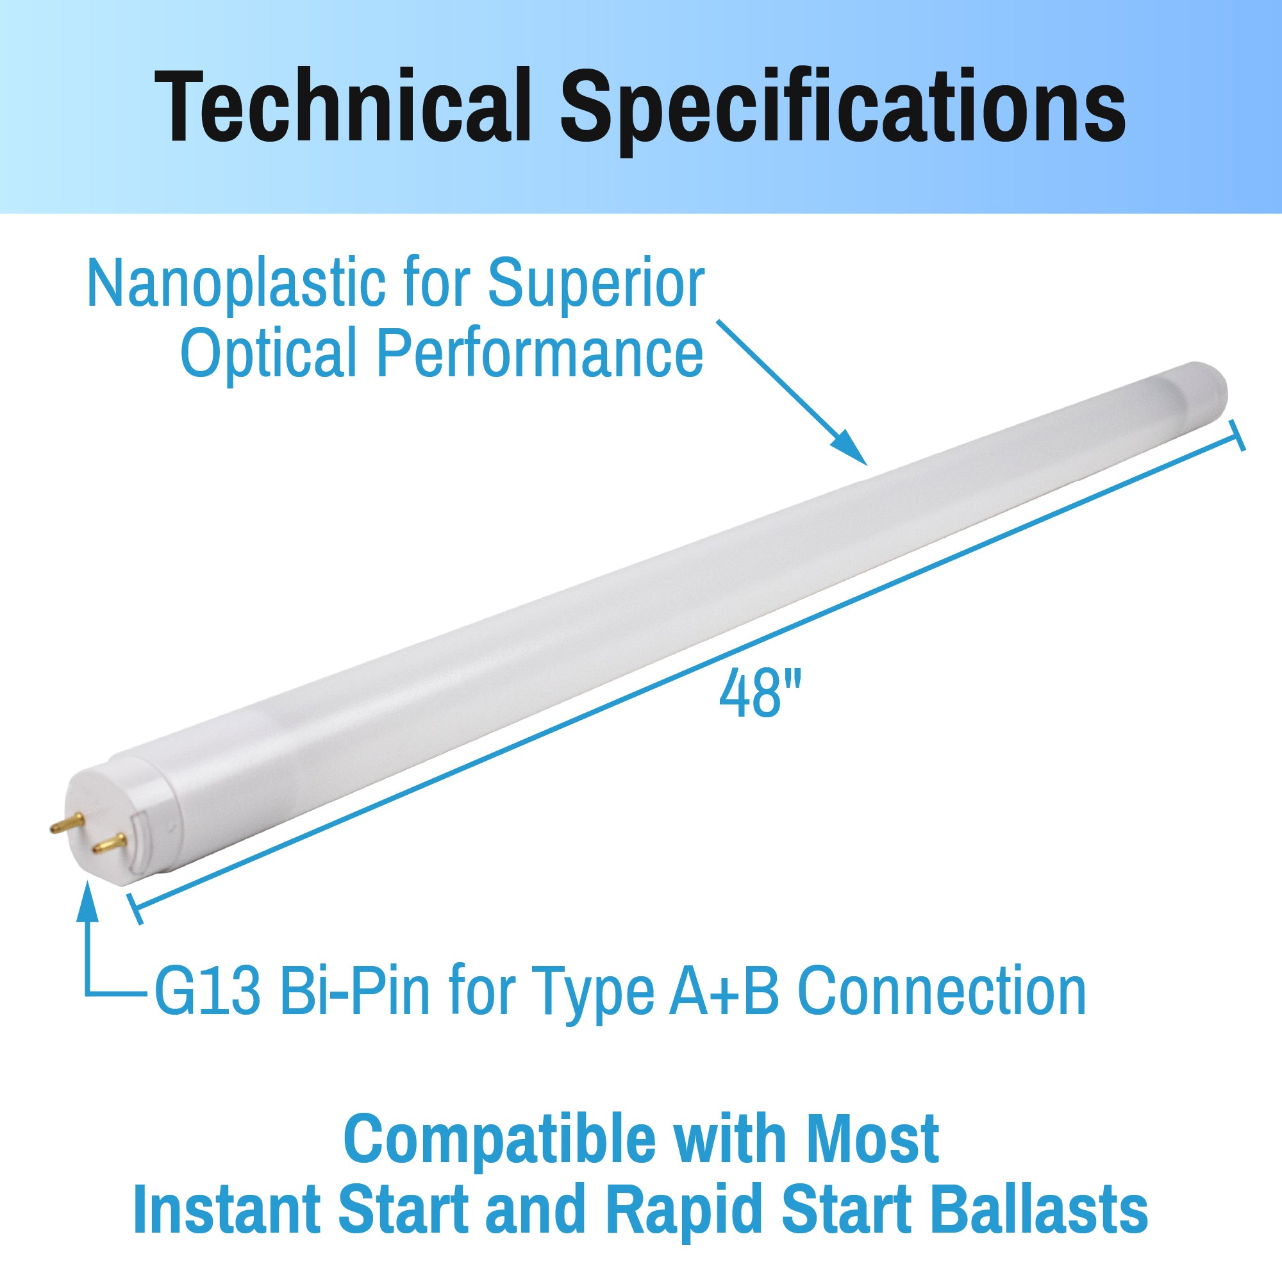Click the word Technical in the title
coord(342,106)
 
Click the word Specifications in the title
coord(844,110)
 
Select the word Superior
coord(596,284)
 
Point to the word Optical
coord(268,353)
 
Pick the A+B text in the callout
coord(723,991)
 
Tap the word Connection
coord(941,991)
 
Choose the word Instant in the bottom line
coord(227,1209)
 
